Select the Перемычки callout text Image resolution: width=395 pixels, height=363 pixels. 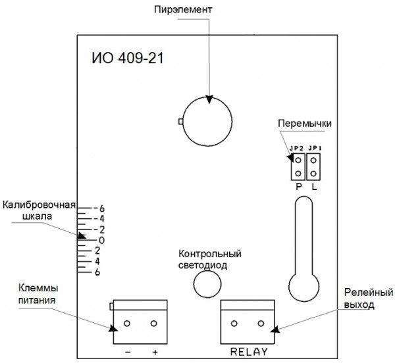(x=304, y=124)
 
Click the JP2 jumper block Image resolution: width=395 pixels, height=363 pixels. (x=299, y=166)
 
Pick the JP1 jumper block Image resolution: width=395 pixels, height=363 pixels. (x=314, y=166)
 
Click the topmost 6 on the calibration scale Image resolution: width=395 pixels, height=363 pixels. (x=102, y=208)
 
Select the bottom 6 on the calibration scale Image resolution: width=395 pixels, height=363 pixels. (x=97, y=272)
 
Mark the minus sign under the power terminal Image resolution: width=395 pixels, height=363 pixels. (x=128, y=352)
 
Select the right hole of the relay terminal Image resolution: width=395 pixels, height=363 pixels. (x=261, y=324)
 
